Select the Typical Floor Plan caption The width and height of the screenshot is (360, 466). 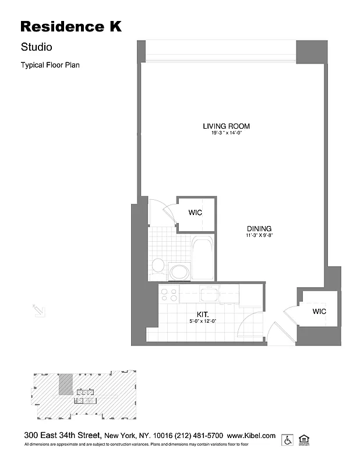tap(50, 65)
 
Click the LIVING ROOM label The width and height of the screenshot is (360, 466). tap(226, 126)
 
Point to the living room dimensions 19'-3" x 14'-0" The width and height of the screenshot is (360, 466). tap(226, 133)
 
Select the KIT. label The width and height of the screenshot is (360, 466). tap(202, 313)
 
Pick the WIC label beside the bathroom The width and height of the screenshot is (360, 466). tap(195, 213)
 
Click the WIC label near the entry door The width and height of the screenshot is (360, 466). tap(319, 312)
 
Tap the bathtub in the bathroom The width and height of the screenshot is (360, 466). tap(203, 259)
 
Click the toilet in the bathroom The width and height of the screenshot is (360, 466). tap(158, 266)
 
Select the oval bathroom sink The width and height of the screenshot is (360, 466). tap(179, 271)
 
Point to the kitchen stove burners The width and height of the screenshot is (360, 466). tap(169, 294)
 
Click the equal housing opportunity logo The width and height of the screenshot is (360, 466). tap(303, 439)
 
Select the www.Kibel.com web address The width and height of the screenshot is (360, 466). tap(251, 436)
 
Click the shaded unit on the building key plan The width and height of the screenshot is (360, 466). tap(65, 384)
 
